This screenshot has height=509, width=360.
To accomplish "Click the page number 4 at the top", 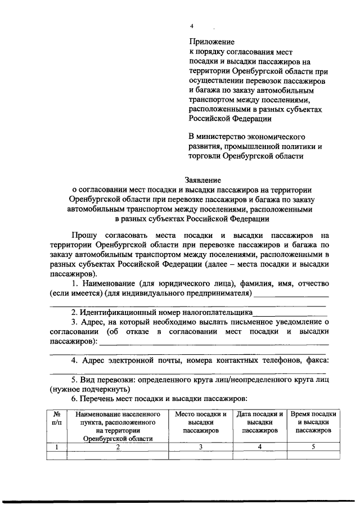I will point(191,26).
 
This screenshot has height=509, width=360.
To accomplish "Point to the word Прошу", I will point(83,234).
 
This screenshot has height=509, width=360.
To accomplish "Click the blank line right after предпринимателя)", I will point(291,295).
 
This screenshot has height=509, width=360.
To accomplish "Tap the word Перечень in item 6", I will point(102,398).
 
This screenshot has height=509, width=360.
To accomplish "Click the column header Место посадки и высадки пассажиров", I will point(201,422).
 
